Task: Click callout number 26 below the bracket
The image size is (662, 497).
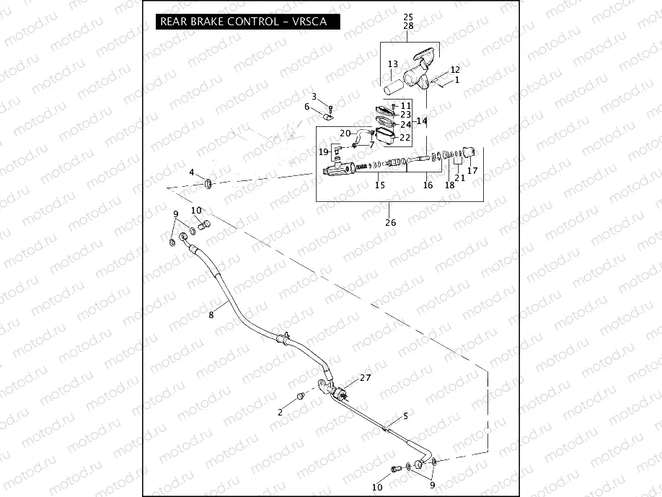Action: (x=390, y=222)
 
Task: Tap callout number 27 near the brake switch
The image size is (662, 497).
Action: (x=365, y=378)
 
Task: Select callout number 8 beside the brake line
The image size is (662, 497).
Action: (x=211, y=315)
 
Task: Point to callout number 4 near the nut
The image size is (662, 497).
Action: (x=192, y=172)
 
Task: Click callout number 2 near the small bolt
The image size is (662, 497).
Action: (x=280, y=412)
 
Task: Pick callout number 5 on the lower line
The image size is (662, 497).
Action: (x=405, y=416)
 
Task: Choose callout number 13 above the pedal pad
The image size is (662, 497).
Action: (x=392, y=64)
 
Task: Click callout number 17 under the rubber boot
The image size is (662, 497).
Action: (x=472, y=171)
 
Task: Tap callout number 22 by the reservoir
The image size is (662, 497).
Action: (x=405, y=137)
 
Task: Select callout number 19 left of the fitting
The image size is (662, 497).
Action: (x=324, y=151)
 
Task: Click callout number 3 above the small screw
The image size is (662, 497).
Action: (x=314, y=97)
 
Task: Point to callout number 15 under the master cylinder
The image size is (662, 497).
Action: (x=380, y=185)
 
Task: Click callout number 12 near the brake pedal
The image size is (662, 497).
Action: (x=455, y=70)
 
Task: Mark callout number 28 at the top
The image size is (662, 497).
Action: (x=408, y=26)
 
